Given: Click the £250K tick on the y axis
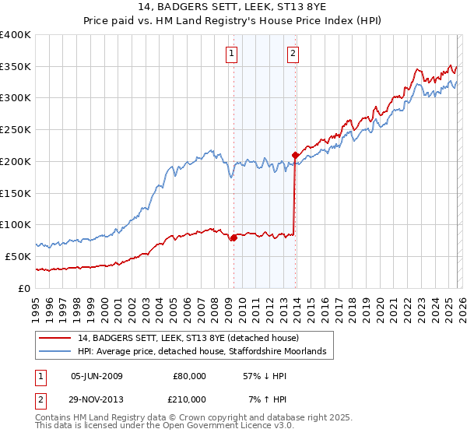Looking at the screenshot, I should pos(16,130).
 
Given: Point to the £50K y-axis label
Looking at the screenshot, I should pos(17,256).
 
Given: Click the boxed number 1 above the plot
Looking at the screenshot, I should pos(233,54).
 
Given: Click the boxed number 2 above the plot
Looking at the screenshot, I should pos(293,54).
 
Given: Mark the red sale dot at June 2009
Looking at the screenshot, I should pos(233,238).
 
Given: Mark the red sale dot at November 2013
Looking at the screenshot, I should pos(295,155).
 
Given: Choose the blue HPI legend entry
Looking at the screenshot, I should pos(205,352).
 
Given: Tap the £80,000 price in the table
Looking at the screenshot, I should pos(189,375).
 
